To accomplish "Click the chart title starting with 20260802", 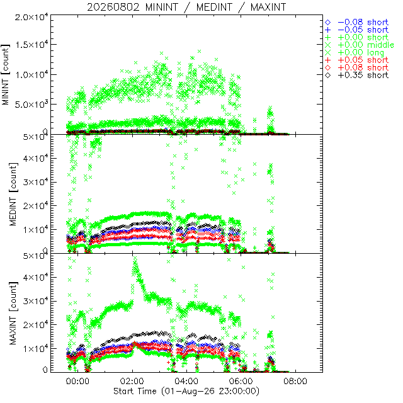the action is coord(186,7).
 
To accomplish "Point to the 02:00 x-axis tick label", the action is coord(132,381).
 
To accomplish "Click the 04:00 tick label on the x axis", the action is coord(186,381).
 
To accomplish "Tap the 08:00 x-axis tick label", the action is coord(295,381).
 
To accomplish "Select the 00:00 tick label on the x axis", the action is coord(77,381).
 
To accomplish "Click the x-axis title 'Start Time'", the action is coord(135,391).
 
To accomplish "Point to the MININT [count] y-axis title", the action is coord(5,75).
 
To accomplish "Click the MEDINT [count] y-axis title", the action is coord(13,195).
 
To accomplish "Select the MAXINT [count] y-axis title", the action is coord(13,314).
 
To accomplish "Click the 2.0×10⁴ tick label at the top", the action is coord(31,17).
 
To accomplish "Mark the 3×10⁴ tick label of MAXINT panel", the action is coord(35,300).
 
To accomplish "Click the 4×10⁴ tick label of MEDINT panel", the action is coord(35,158).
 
